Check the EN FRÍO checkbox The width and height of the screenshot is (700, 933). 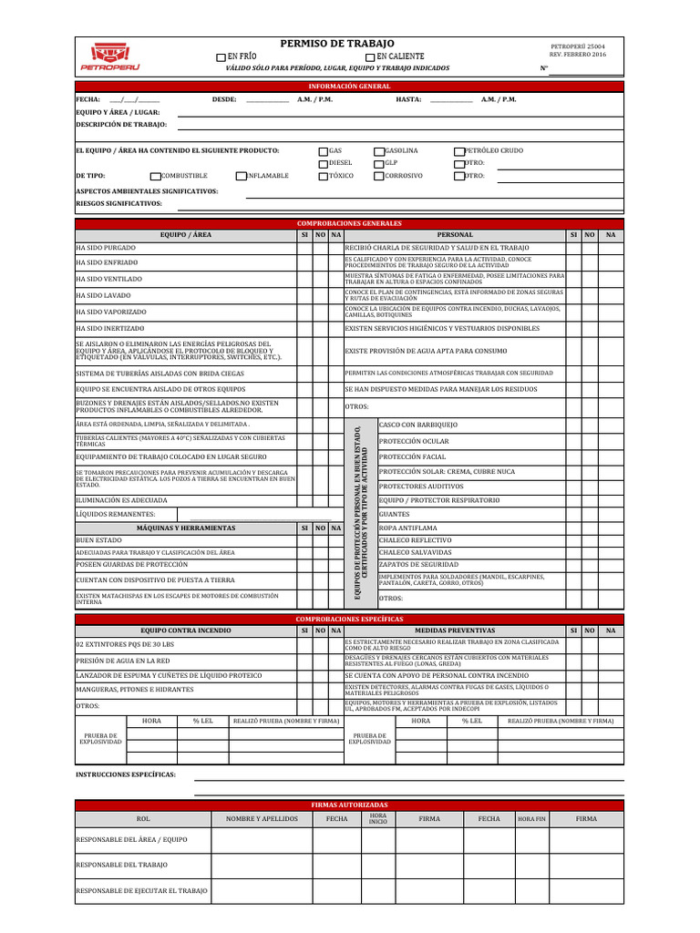pos(221,56)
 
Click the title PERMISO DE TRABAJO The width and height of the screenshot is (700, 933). pos(337,44)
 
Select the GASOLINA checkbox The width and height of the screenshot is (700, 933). pos(378,150)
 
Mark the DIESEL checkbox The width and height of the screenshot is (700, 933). pos(323,163)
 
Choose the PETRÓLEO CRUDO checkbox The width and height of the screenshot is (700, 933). pos(458,150)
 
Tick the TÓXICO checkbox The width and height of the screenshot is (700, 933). pos(323,176)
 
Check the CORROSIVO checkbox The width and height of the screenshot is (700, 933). pos(378,176)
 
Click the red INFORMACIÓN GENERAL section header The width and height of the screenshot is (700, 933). pos(350,87)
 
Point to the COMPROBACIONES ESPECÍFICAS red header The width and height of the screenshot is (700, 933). pos(350,619)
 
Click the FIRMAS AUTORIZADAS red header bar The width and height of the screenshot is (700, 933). pos(350,805)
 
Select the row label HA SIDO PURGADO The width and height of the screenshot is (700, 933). pos(106,248)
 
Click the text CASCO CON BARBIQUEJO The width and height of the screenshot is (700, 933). pos(418,425)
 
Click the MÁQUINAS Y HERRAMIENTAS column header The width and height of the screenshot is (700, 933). pos(186,528)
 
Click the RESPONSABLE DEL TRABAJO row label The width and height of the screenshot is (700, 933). pos(121,865)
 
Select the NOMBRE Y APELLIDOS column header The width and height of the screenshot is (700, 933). pos(262,819)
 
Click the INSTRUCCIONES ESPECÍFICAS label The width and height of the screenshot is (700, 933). pos(126,775)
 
